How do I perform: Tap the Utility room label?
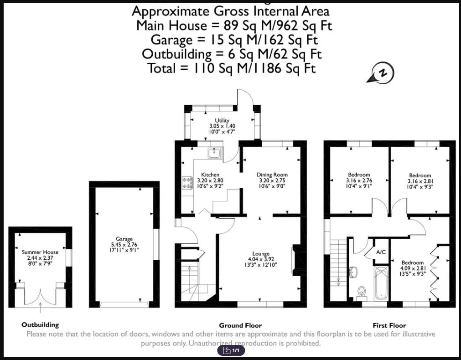pyautogui.click(x=222, y=120)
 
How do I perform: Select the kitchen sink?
pyautogui.click(x=215, y=153)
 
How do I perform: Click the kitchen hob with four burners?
pyautogui.click(x=187, y=182)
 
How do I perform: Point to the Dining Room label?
pyautogui.click(x=272, y=175)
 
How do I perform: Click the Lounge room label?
pyautogui.click(x=261, y=254)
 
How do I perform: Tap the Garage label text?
pyautogui.click(x=124, y=239)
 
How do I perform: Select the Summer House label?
pyautogui.click(x=40, y=252)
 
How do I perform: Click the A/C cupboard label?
pyautogui.click(x=381, y=252)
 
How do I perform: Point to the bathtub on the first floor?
pyautogui.click(x=381, y=283)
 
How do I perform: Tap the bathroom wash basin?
pyautogui.click(x=352, y=272)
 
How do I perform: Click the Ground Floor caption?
pyautogui.click(x=240, y=325)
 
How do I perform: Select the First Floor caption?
pyautogui.click(x=389, y=325)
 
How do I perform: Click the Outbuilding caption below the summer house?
pyautogui.click(x=40, y=325)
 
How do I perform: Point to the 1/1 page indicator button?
pyautogui.click(x=231, y=350)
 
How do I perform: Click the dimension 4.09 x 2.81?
pyautogui.click(x=413, y=268)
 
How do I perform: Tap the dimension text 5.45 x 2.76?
pyautogui.click(x=124, y=245)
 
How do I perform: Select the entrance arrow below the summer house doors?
pyautogui.click(x=40, y=309)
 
